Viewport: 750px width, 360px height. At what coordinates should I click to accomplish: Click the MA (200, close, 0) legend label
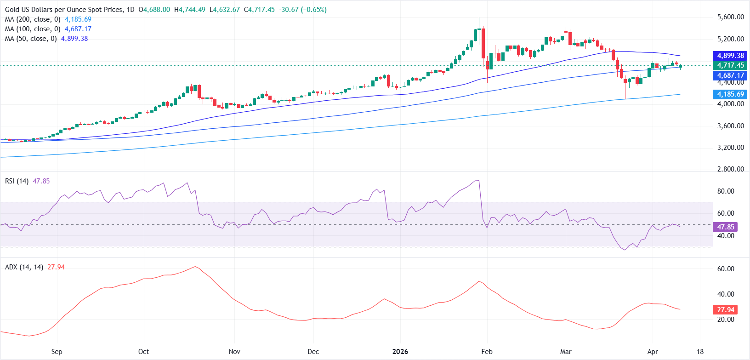[x=33, y=19]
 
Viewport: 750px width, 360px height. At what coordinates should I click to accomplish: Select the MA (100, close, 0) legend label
[x=33, y=29]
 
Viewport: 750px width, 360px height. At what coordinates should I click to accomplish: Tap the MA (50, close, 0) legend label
[x=31, y=39]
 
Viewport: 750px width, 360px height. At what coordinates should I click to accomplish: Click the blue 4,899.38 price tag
[x=730, y=56]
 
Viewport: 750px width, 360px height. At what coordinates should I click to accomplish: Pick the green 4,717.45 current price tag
[x=730, y=65]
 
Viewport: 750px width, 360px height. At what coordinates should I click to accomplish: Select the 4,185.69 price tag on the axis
[x=730, y=94]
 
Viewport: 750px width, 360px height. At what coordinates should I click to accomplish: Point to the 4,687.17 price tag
[x=730, y=75]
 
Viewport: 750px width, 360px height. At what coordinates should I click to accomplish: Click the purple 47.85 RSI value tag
[x=725, y=227]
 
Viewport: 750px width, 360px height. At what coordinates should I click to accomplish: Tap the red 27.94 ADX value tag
[x=725, y=310]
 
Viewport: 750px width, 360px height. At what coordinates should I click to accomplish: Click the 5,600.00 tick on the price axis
[x=730, y=17]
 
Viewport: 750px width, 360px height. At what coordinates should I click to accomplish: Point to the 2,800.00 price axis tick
[x=730, y=169]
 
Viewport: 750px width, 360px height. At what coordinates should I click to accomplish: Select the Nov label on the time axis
[x=234, y=352]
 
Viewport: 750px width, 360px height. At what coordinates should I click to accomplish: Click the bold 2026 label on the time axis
[x=400, y=352]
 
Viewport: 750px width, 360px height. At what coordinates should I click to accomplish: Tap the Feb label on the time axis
[x=487, y=352]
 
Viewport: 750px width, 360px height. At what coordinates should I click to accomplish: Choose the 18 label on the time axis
[x=700, y=352]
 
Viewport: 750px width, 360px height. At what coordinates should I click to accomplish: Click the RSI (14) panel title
[x=17, y=181]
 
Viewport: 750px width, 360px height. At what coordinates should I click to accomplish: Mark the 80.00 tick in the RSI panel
[x=726, y=191]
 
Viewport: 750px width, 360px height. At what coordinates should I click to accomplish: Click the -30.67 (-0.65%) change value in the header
[x=301, y=10]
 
